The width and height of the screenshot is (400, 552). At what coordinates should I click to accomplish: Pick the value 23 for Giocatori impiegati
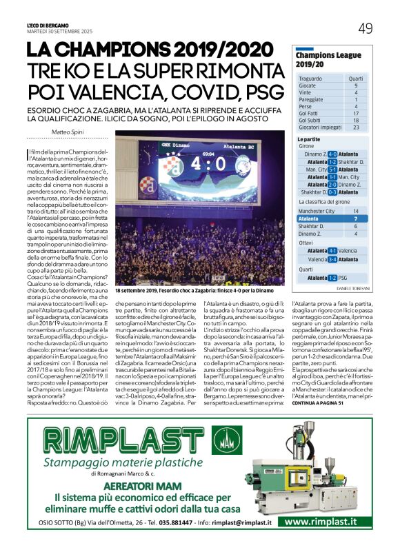click(356, 127)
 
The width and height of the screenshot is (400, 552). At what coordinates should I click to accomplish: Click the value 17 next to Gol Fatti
click(356, 113)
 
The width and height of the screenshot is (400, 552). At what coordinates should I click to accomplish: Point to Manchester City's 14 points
click(356, 211)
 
